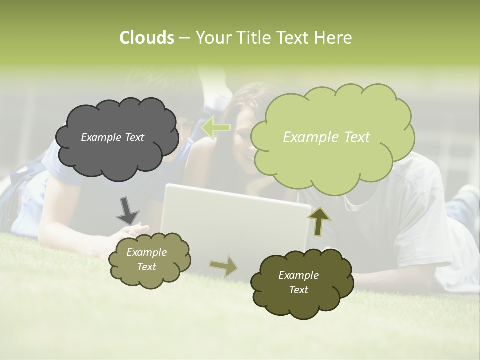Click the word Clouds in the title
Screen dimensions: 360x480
[146, 38]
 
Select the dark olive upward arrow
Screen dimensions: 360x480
[318, 221]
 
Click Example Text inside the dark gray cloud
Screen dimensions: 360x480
[112, 137]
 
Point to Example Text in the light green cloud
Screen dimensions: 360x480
[326, 137]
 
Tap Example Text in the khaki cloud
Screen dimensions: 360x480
[146, 260]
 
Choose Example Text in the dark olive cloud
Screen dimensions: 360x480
[298, 283]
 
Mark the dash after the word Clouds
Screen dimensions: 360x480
[184, 38]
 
